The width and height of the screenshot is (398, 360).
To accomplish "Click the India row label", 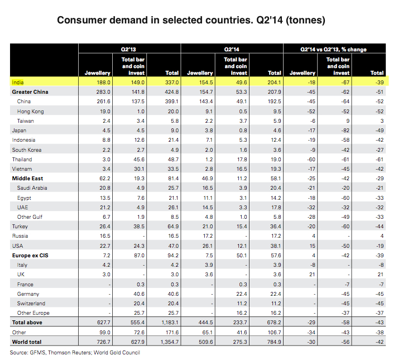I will (18, 82).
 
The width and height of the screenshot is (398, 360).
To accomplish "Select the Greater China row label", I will (30, 92).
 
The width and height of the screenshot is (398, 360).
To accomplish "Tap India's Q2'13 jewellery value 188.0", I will (103, 82).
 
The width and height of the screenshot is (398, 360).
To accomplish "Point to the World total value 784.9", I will (274, 342).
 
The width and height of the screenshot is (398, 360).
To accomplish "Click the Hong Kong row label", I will (30, 111).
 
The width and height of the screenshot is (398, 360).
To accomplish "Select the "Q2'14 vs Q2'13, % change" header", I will (334, 50).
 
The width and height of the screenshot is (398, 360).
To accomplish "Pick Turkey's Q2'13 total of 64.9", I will (171, 226).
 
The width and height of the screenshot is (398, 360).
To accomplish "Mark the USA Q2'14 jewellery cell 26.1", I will (206, 246).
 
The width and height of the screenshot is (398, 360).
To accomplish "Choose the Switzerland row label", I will (33, 303).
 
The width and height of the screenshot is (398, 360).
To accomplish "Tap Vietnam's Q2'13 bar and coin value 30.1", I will (138, 169).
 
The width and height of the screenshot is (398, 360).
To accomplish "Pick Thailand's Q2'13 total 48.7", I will (171, 159).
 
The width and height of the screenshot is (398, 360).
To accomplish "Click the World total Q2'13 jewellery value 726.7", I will (103, 342).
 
